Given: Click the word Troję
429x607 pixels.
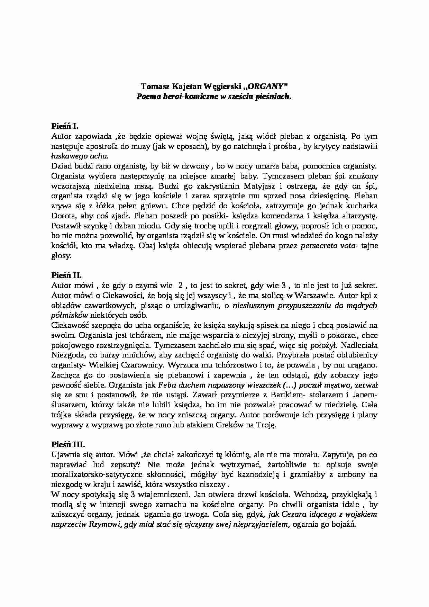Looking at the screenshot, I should (265, 425).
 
